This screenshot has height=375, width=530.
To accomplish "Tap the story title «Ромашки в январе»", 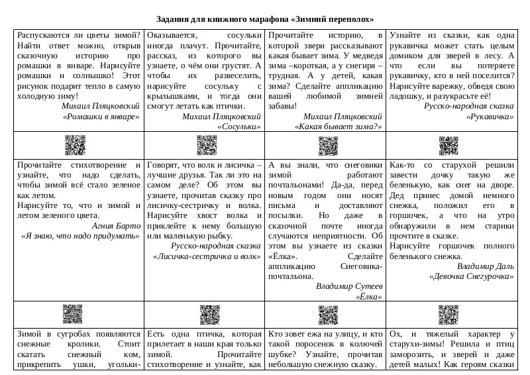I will click(x=101, y=116).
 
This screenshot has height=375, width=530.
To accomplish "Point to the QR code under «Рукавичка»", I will click(x=449, y=143).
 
